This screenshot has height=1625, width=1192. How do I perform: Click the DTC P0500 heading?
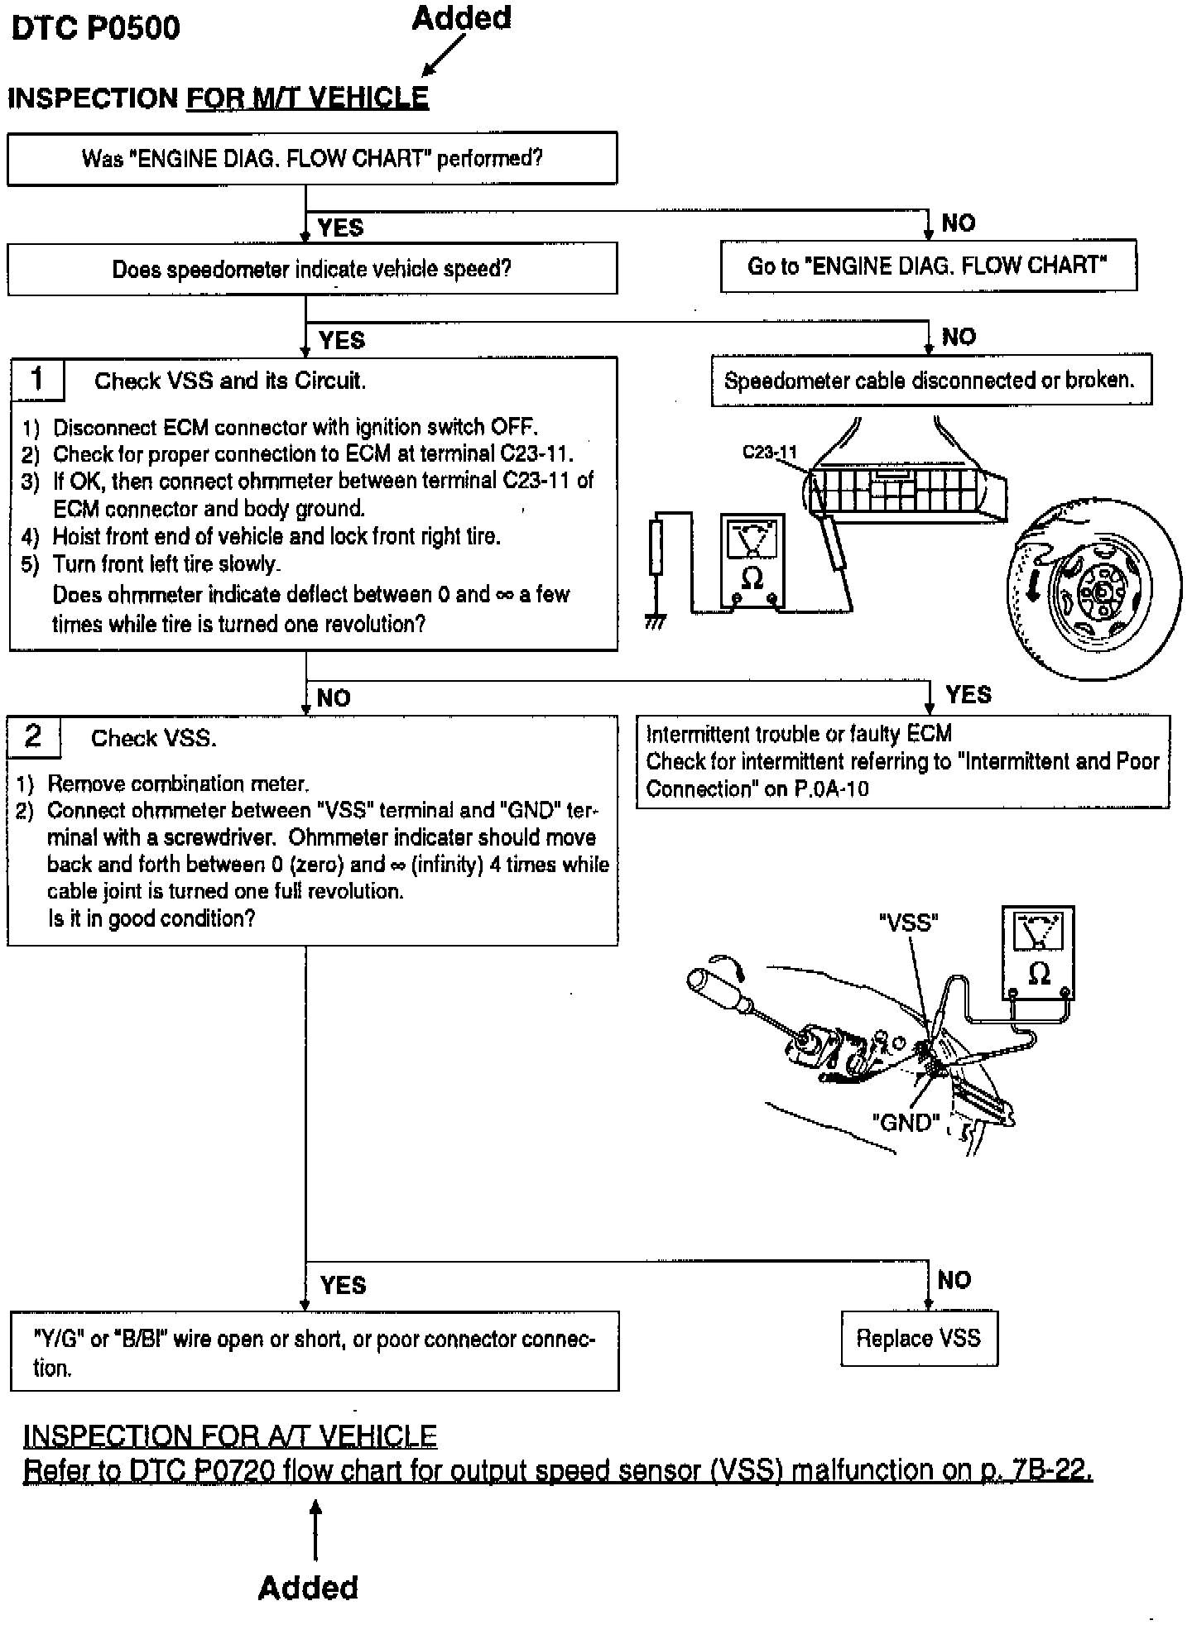tap(95, 28)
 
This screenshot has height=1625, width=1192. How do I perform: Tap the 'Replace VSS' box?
tap(919, 1339)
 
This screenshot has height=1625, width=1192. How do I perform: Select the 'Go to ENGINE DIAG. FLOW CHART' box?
tap(928, 266)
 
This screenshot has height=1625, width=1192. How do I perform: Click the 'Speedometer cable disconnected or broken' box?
tap(930, 381)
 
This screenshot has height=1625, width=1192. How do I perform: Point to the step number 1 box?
tap(37, 379)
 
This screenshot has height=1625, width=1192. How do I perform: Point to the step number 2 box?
tap(33, 736)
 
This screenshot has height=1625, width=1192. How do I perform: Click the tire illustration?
tap(1094, 589)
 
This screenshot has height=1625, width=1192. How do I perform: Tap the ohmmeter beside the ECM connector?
tap(752, 561)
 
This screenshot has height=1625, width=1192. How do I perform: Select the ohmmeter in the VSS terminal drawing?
tap(1038, 953)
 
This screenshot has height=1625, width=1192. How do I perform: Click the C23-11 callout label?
tap(769, 453)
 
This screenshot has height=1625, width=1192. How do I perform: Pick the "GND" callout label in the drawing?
tap(906, 1123)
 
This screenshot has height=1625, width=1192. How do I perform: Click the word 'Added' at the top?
tap(462, 18)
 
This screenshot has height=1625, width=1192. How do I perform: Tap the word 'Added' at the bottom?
tap(308, 1588)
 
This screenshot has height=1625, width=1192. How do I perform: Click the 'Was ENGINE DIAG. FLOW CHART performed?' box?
tap(312, 159)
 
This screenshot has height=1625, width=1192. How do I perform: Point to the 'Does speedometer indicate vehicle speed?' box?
tap(312, 269)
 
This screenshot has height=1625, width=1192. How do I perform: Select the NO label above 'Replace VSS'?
tap(954, 1280)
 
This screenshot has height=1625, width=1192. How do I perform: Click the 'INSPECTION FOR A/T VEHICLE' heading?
tap(230, 1436)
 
